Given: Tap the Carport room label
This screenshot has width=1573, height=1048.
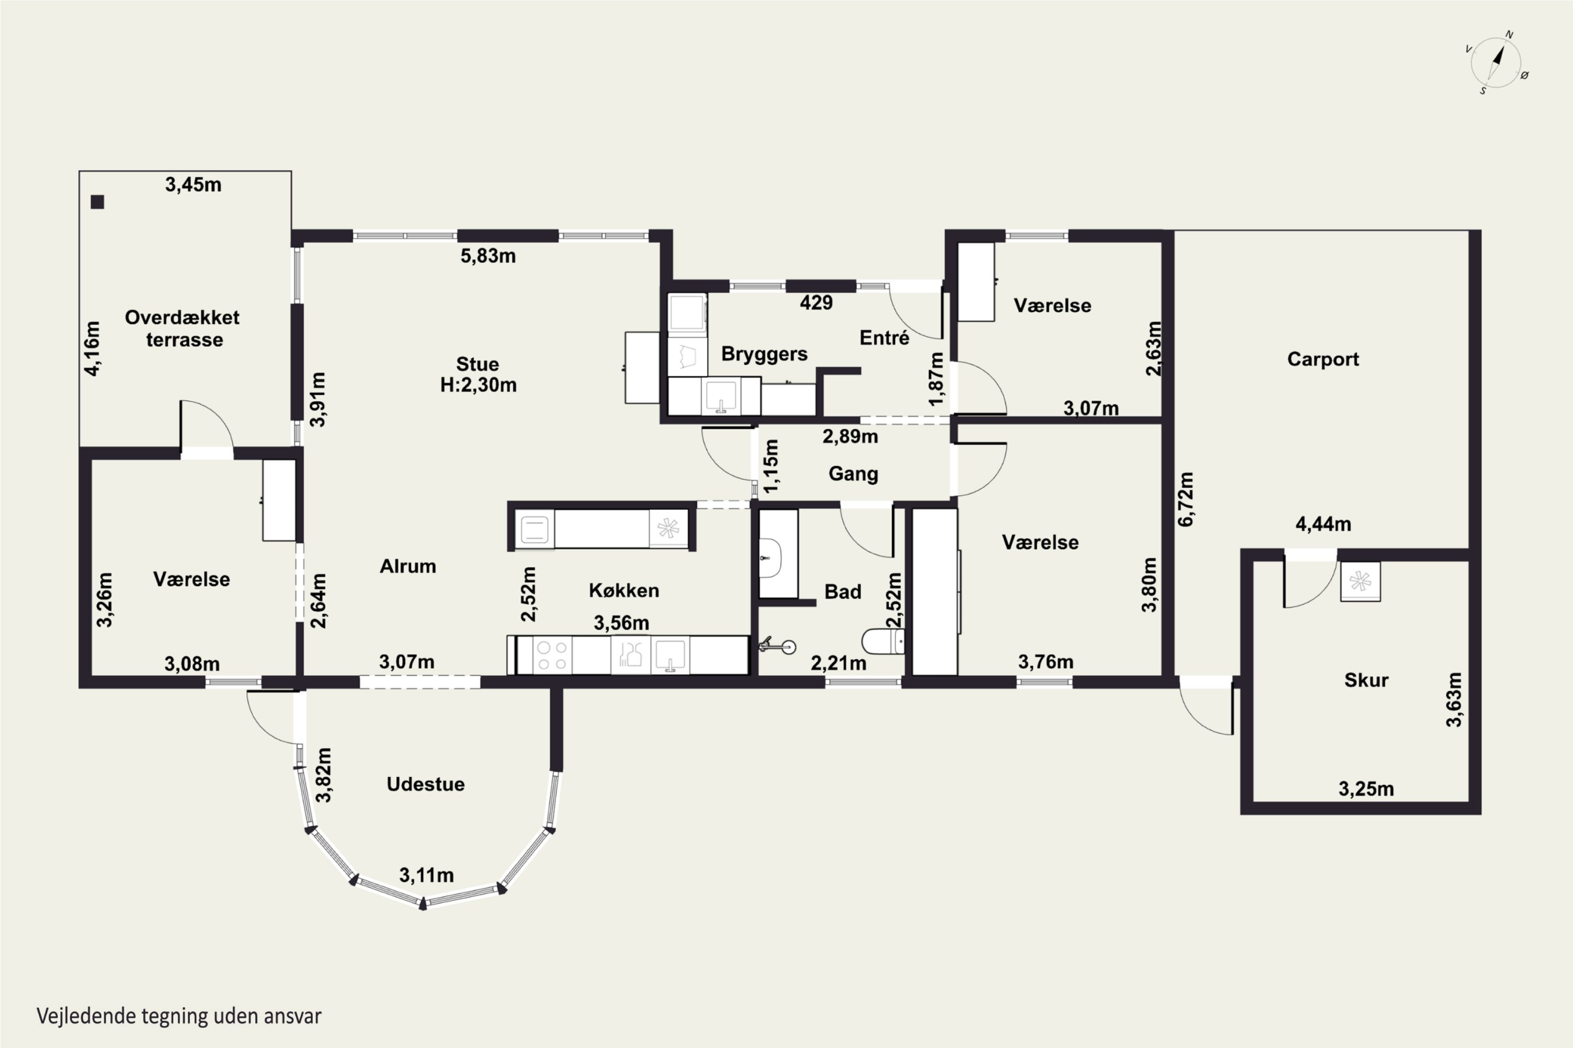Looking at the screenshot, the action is coord(1323,359).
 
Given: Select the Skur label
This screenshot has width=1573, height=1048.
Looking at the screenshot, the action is coord(1366,680).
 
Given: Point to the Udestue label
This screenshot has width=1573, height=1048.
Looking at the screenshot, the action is coord(425,784).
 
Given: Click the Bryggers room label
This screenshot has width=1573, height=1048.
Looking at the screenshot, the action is coord(764,354).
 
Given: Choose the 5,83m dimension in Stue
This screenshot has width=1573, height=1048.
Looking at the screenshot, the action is coord(488,256).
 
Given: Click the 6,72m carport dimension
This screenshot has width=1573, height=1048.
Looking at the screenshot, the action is coord(1186,499).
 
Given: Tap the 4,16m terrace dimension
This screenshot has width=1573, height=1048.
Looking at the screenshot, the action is coord(93,348).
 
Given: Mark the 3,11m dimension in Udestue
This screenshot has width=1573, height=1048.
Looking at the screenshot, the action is coord(427,875).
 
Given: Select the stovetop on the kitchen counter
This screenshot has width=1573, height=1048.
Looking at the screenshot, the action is coord(553,656).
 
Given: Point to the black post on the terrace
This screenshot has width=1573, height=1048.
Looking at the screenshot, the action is coord(98,202).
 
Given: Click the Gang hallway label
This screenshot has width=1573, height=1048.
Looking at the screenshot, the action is coord(854,474).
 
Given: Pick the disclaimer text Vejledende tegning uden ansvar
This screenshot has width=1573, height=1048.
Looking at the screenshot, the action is coord(179,1017).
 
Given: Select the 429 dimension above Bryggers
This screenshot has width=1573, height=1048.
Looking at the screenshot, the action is coord(816,303).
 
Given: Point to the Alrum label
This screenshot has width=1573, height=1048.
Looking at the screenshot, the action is coord(408,566).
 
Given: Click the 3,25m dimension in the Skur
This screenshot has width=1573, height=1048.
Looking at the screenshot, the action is coord(1366,789).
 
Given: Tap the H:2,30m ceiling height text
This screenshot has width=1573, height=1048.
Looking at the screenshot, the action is coord(478,385).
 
